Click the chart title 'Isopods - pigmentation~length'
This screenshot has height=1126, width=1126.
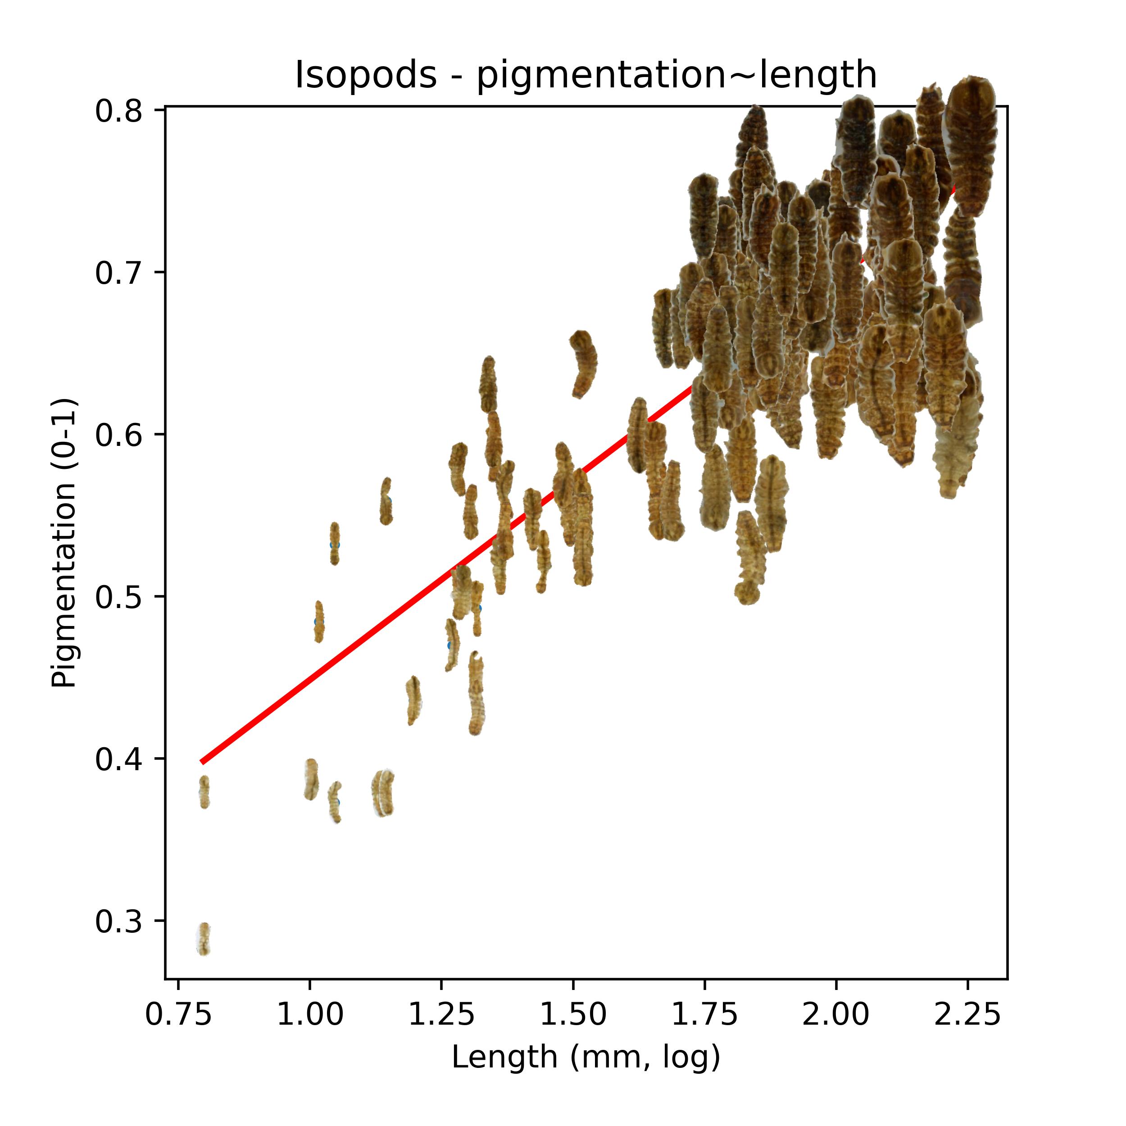click(x=585, y=75)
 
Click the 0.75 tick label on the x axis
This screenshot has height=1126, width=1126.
click(x=178, y=1015)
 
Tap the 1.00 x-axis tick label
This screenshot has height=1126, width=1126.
click(x=309, y=1015)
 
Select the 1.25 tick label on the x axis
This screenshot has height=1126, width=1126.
click(x=441, y=1015)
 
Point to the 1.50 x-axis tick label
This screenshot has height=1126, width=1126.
click(x=573, y=1015)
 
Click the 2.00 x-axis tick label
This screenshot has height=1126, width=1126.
click(x=836, y=1015)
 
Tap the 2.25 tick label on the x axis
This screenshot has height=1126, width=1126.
click(x=967, y=1015)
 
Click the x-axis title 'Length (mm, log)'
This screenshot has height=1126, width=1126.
click(x=585, y=1058)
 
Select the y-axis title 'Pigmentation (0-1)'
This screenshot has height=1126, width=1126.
click(x=64, y=543)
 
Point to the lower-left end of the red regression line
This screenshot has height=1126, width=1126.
click(x=202, y=761)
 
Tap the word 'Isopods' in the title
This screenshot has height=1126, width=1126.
click(x=365, y=75)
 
